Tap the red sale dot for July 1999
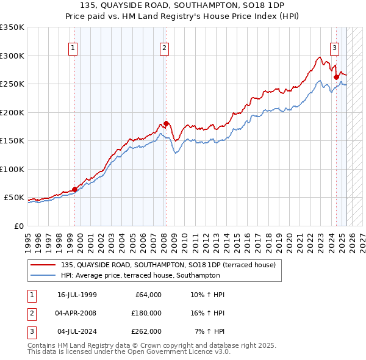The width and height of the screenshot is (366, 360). [75, 189]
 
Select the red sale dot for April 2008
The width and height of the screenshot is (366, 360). [165, 124]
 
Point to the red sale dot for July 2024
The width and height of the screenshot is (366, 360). [336, 77]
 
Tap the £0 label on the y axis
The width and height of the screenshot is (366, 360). [18, 226]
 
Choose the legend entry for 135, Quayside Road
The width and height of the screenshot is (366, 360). [168, 265]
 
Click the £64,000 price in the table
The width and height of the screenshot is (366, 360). [147, 295]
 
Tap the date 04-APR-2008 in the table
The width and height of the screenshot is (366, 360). [76, 313]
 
